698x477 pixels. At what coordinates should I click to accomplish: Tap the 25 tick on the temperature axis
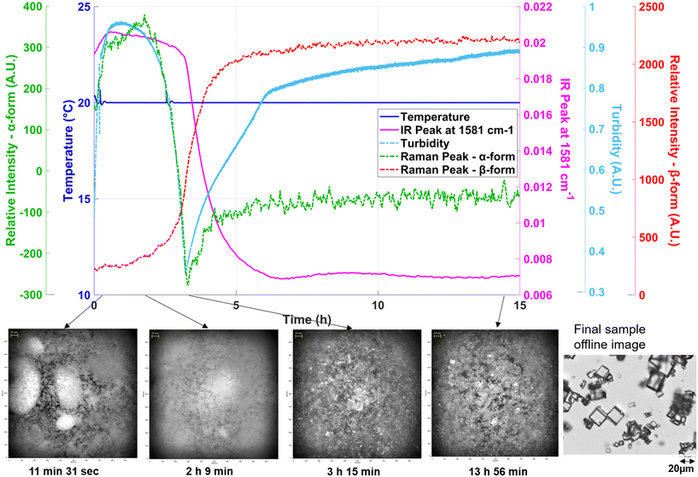(x=85, y=7)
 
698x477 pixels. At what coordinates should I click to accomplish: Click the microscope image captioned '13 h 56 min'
(x=489, y=391)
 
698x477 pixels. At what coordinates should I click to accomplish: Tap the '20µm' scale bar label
(x=681, y=468)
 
